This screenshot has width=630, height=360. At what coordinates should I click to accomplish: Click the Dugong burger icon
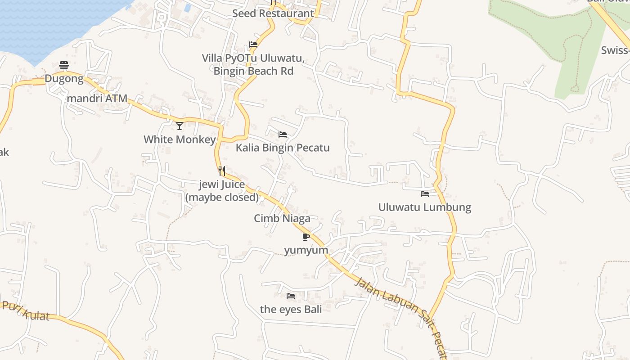click(64, 66)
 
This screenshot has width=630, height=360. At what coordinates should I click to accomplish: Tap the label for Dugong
click(64, 79)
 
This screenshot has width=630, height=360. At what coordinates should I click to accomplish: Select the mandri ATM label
click(97, 99)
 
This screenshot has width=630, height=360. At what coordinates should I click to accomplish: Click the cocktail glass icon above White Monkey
click(180, 126)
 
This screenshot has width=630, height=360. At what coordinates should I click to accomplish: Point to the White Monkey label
click(180, 139)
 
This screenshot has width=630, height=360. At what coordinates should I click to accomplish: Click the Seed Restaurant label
click(273, 13)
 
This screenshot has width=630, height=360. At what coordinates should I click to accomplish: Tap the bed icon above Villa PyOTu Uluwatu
click(253, 45)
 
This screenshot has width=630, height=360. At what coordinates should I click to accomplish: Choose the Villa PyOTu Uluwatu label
click(253, 65)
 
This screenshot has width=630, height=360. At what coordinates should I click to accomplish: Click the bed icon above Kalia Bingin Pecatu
click(283, 135)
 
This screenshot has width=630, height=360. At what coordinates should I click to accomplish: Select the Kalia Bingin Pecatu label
click(283, 148)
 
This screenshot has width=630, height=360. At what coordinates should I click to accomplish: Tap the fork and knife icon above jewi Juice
click(221, 171)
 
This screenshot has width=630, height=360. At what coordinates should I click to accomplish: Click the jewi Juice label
click(222, 191)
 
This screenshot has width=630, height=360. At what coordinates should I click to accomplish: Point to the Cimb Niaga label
click(282, 219)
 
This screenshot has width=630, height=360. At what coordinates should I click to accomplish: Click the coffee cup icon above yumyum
click(306, 237)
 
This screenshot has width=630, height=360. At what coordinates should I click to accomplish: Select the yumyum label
click(306, 250)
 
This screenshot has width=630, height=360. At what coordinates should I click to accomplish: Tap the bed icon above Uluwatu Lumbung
click(425, 194)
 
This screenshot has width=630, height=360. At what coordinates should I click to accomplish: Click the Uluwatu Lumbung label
click(425, 207)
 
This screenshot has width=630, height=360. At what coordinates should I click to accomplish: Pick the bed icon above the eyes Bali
click(291, 296)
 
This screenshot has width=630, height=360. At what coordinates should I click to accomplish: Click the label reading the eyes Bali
click(291, 310)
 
